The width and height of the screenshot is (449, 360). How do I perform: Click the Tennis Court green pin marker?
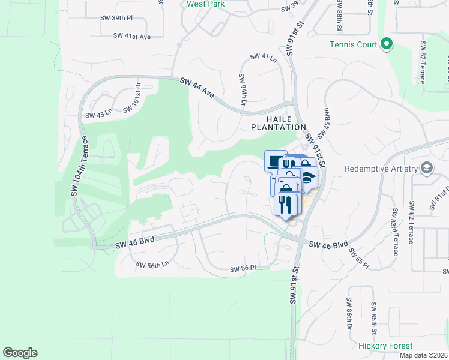tap(387, 44)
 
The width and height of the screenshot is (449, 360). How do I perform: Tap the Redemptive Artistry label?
tap(381, 169)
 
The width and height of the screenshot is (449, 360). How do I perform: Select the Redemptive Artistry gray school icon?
tap(426, 167)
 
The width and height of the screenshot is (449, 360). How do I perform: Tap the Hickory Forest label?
tap(385, 346)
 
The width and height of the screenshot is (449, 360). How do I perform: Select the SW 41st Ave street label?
tap(132, 36)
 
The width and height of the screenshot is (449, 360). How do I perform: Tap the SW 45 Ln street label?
tap(98, 114)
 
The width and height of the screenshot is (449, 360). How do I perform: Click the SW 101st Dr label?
tap(132, 98)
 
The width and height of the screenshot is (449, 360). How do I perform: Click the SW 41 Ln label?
tap(264, 58)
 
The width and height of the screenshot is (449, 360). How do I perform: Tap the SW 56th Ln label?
tap(152, 264)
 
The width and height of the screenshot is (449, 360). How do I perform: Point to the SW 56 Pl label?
tap(243, 268)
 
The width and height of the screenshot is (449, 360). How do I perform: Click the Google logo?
tap(20, 353)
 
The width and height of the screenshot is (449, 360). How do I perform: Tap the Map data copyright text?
tap(423, 355)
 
